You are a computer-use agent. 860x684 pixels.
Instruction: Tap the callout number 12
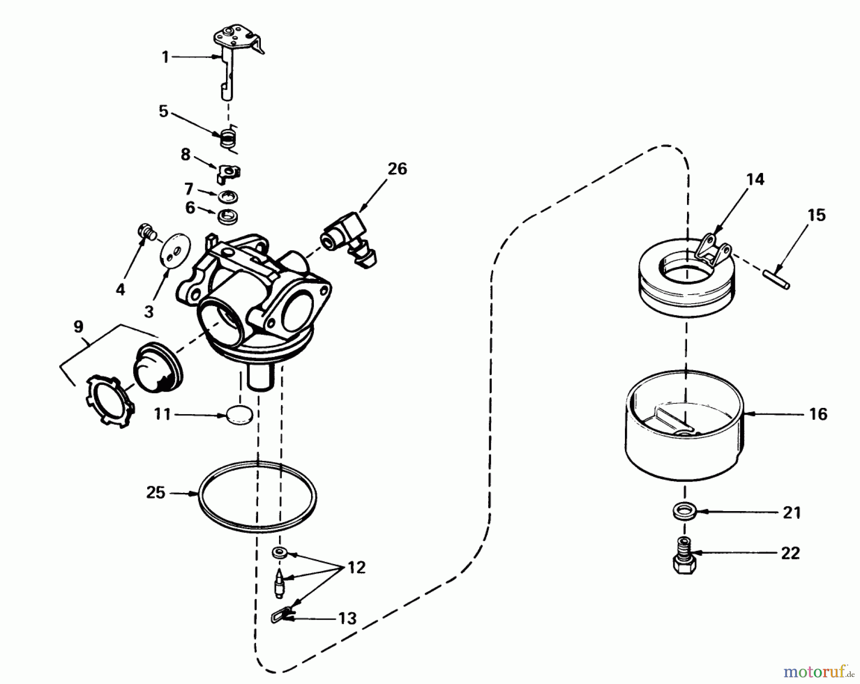pyautogui.click(x=356, y=567)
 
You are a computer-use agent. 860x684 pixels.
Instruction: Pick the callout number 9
pyautogui.click(x=78, y=327)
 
